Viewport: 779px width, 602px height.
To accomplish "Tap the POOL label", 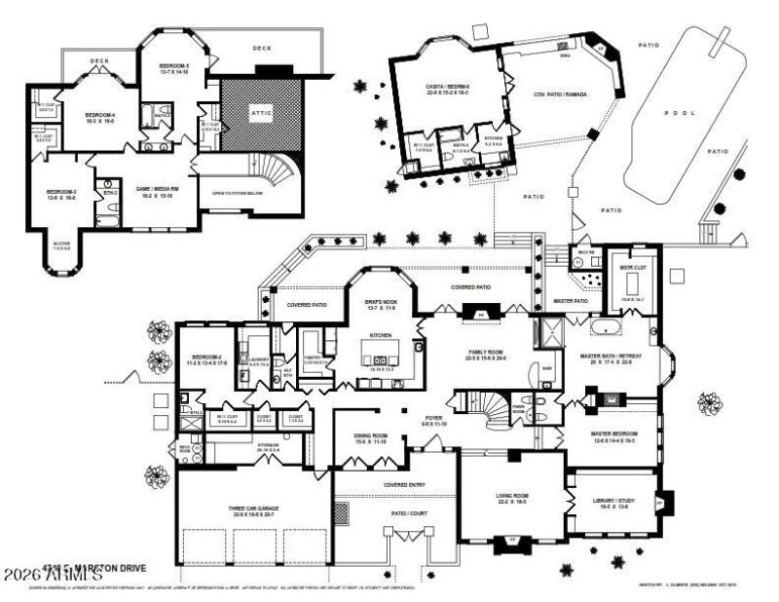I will point(681,113).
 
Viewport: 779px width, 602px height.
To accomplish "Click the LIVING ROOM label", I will point(511,498).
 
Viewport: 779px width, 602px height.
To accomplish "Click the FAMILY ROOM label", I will point(489,354).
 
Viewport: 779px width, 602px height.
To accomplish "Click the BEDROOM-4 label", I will point(100,115).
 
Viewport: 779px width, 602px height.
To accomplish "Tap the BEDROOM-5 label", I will point(174,66).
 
